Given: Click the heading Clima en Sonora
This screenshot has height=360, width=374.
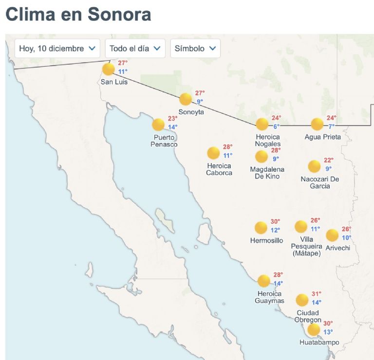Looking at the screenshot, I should click(x=78, y=14).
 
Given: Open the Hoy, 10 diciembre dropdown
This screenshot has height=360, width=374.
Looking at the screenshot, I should click(x=57, y=49).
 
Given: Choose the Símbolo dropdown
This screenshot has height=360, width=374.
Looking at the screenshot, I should click(x=195, y=49).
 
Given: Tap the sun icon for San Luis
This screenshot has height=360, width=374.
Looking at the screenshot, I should click(x=109, y=69).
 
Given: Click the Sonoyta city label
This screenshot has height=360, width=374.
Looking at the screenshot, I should click(x=191, y=112).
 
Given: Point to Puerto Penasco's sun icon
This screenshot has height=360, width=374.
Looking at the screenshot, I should click(x=158, y=125).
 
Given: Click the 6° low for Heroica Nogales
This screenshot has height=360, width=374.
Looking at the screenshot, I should click(x=276, y=126).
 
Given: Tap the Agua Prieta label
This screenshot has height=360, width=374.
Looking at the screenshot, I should click(x=322, y=137).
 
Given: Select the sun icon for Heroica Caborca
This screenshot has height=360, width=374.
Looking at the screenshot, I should click(x=213, y=153).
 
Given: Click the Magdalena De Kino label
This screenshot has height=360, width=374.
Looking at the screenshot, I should click(x=267, y=173).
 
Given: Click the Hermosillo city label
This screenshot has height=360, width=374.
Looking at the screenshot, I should click(x=266, y=240).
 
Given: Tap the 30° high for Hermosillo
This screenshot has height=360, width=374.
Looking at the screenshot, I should click(x=275, y=222).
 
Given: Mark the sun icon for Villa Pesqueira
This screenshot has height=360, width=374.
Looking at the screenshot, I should click(x=301, y=226).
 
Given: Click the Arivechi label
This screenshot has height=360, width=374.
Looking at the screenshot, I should click(x=338, y=248).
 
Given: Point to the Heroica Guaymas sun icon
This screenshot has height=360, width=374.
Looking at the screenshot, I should click(x=263, y=281).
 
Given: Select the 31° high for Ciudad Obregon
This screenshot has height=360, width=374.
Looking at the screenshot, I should click(x=317, y=294).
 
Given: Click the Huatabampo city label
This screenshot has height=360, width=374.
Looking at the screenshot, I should click(x=319, y=342).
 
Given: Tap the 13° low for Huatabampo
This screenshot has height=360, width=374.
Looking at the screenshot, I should click(x=328, y=332).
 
